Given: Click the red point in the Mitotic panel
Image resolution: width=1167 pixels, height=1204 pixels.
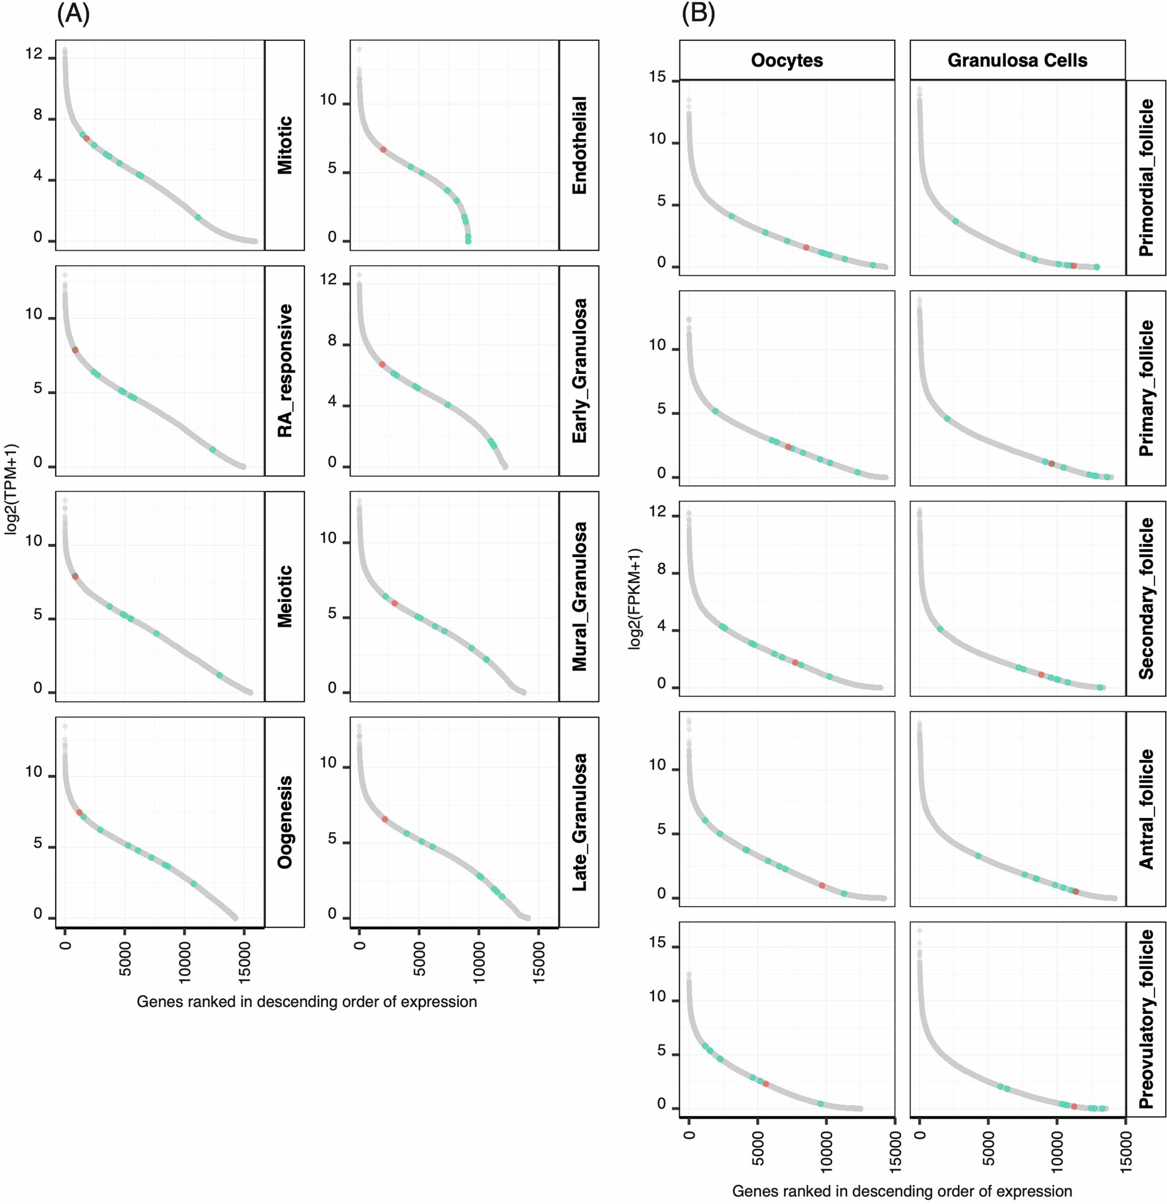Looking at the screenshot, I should tap(87, 138).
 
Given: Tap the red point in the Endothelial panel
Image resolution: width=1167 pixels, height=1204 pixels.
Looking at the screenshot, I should tap(384, 150).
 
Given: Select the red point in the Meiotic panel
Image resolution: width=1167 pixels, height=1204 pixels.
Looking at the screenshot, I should tap(75, 577).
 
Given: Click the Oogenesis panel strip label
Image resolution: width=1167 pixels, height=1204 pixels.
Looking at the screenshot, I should tap(285, 822).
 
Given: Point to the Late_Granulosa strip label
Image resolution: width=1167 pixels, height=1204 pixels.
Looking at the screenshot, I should tap(579, 822).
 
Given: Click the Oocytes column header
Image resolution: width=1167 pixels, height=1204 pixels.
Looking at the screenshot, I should tap(787, 61).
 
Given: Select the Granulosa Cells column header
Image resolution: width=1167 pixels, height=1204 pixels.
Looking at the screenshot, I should tap(1017, 61).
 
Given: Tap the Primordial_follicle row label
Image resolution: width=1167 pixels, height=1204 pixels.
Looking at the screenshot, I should tap(1146, 178).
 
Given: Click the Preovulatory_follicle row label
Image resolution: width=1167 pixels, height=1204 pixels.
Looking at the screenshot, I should tap(1146, 1018).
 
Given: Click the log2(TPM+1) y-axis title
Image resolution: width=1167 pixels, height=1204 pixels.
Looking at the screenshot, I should tap(12, 489).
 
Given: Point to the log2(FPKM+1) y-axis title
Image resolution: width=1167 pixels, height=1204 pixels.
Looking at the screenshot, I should tap(635, 598).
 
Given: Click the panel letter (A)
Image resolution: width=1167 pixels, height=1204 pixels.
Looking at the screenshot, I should tap(73, 13).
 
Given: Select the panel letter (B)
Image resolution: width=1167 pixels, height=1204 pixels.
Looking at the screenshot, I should tap(698, 13).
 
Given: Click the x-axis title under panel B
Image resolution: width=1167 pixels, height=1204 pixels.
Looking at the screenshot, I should tap(902, 1191).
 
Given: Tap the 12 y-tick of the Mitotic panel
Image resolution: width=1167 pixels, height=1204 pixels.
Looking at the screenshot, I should tap(34, 54).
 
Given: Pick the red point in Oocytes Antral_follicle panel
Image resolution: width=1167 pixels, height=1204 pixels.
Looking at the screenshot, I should tap(822, 886).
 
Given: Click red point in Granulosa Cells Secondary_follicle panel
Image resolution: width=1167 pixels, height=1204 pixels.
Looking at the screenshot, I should tap(1041, 675).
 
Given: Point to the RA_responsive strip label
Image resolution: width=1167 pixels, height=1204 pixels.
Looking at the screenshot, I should tap(285, 371).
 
